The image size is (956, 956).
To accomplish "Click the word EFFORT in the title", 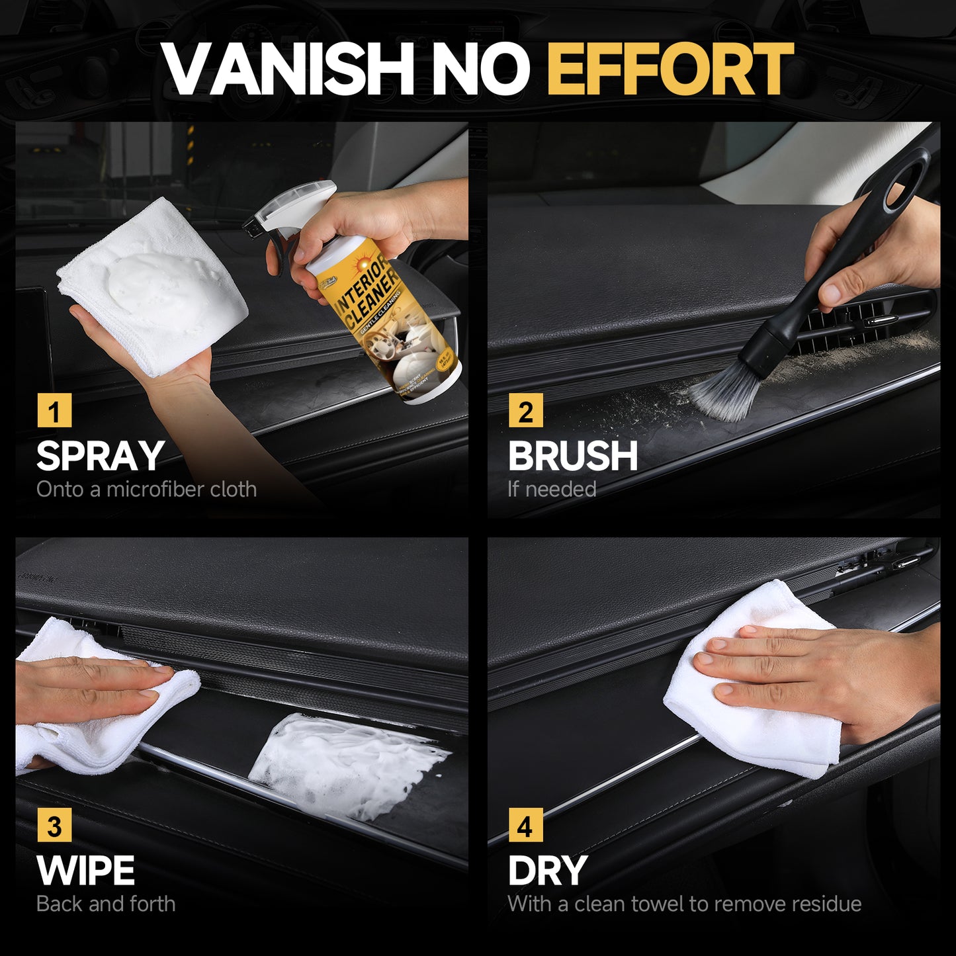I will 670,69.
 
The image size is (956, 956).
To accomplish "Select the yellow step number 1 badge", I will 54,411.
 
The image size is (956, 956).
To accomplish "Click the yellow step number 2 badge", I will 525,411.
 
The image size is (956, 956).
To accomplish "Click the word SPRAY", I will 100,456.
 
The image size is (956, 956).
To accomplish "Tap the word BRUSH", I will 572,456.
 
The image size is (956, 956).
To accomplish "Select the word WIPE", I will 85,871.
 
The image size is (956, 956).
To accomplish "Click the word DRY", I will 547,871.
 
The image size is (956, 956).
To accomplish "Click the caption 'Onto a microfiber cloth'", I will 146,490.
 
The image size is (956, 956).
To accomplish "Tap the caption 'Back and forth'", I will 106,904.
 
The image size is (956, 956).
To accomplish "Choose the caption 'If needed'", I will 552,490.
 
